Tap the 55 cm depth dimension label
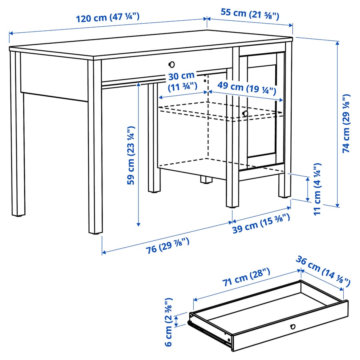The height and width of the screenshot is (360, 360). (250, 13)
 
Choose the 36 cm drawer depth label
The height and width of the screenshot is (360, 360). (323, 271)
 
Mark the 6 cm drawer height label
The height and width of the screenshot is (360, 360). (168, 322)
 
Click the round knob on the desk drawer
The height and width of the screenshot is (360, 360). (172, 64)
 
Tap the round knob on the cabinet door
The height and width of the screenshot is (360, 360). (245, 114)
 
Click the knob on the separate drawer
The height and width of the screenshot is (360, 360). (293, 327)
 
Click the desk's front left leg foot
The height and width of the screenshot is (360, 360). (95, 231)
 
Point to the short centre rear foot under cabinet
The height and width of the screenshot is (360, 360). (206, 180)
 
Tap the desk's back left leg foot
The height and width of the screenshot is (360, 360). (17, 214)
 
